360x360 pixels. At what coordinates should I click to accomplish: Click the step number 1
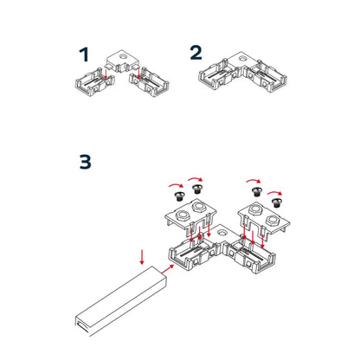[x=84, y=55]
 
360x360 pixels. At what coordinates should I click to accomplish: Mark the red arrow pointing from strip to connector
[x=166, y=268]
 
